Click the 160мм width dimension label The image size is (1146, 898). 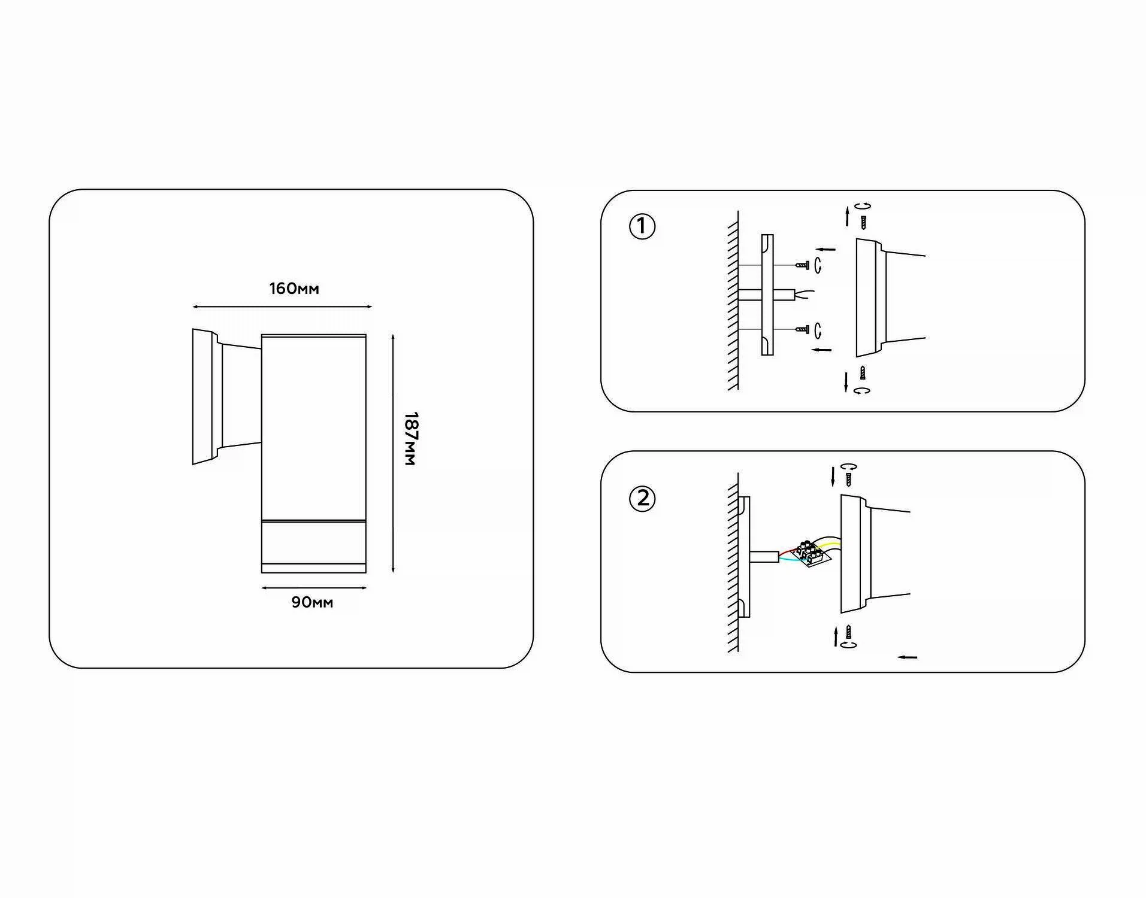[294, 289]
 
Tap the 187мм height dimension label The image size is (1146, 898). [410, 438]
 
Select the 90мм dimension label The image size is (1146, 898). [312, 602]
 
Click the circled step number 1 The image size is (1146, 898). [642, 227]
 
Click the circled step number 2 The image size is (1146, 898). [642, 499]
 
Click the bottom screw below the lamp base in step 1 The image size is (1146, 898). [862, 372]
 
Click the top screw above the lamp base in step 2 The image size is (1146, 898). [848, 479]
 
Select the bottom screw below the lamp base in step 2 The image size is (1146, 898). [848, 632]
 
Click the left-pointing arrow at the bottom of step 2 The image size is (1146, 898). [907, 657]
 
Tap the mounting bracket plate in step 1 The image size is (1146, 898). [767, 295]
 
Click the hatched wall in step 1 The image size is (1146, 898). [733, 301]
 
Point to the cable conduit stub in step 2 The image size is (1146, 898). [764, 557]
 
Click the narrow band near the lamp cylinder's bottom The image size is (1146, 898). [314, 568]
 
